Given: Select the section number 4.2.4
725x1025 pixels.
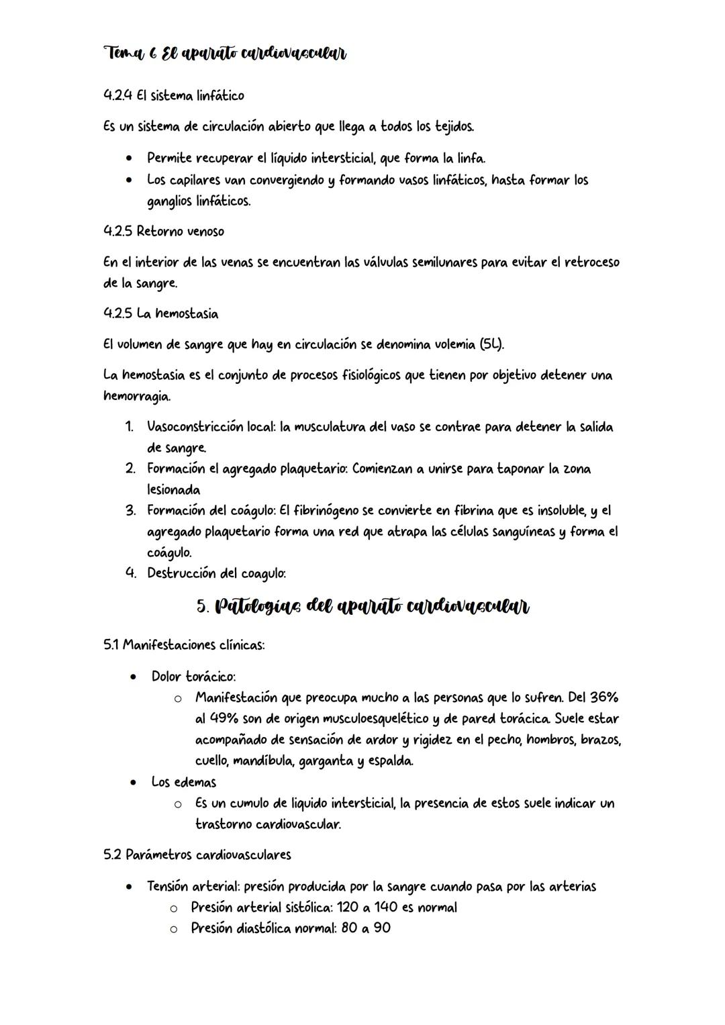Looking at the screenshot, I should (x=117, y=96).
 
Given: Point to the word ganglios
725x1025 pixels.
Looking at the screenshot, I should (x=171, y=201).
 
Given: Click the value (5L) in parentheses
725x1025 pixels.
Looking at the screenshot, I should (x=491, y=344).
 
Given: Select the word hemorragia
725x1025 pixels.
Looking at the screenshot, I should (x=136, y=397).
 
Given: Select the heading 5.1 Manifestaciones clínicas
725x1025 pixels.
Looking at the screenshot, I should (x=184, y=645).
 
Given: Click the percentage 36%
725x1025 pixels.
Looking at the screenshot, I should (x=603, y=697).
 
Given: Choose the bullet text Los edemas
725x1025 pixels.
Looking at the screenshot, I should (x=183, y=783).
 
